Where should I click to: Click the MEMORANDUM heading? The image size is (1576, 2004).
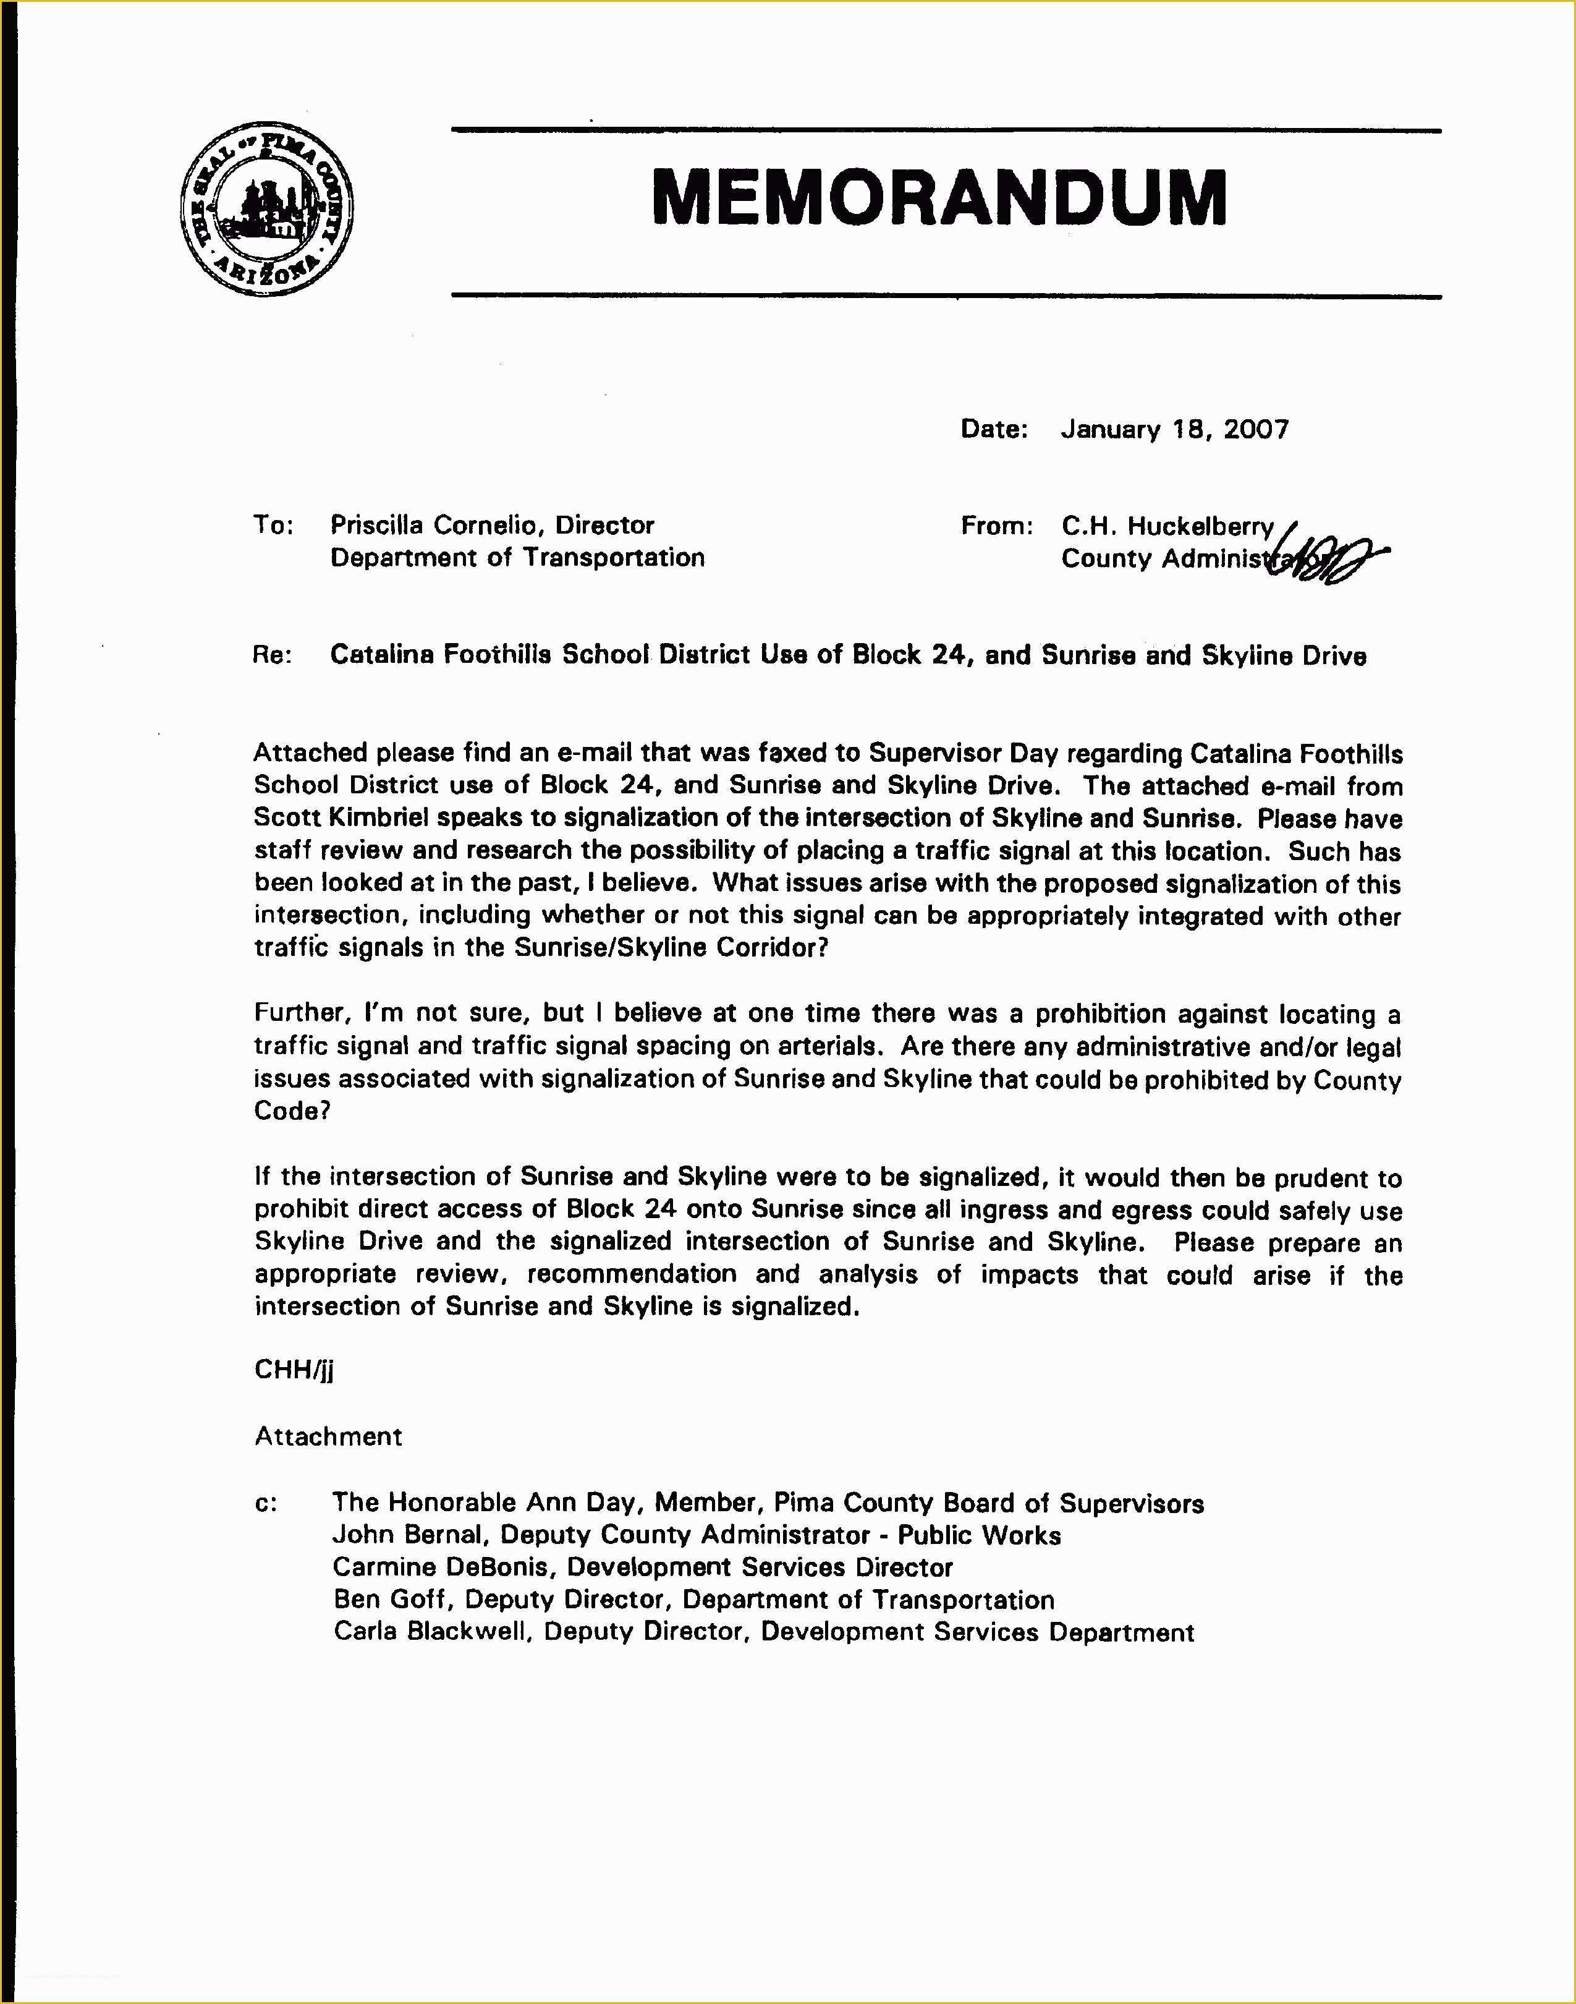point(938,197)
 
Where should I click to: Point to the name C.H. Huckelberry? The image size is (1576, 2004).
point(1167,526)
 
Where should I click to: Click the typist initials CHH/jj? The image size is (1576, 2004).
point(294,1369)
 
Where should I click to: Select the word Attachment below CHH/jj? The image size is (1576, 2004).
point(328,1436)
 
